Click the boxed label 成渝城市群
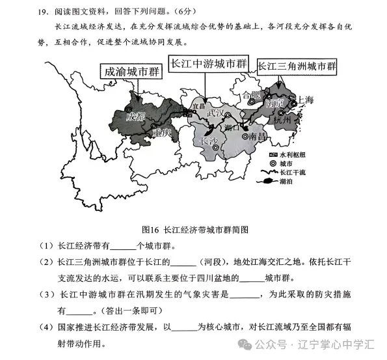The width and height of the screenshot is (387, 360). (132, 72)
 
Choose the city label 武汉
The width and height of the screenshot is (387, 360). (215, 113)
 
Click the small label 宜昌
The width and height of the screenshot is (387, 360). (198, 105)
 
